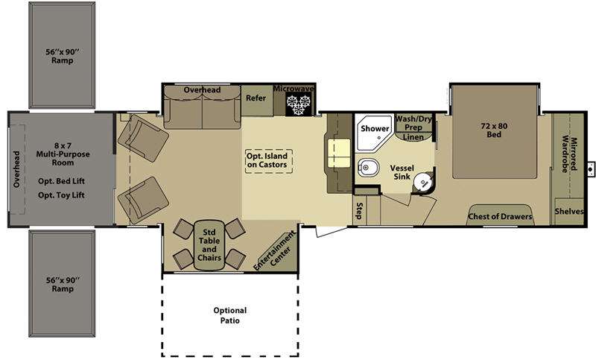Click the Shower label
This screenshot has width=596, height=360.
point(375,128)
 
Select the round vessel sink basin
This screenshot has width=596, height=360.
point(422,183)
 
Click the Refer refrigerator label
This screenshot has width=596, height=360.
point(256,98)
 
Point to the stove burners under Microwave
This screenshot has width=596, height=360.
point(299,104)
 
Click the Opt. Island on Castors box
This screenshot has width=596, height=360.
point(269,161)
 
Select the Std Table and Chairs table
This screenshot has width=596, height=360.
point(209,245)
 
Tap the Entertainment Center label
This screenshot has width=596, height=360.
point(275,251)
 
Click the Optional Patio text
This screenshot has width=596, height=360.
point(230,315)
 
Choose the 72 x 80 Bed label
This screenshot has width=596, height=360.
point(494,130)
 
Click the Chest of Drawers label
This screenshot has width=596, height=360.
point(500,216)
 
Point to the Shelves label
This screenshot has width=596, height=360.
point(569,212)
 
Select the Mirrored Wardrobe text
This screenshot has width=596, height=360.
point(569,154)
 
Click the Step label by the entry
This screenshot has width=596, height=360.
point(359,211)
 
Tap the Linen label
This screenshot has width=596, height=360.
point(413,137)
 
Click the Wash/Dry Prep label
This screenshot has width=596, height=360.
point(413,123)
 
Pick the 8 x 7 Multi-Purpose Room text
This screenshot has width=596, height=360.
point(63,154)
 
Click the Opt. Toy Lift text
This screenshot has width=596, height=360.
point(61,195)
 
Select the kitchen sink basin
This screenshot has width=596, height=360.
point(340,154)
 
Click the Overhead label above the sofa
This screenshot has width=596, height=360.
point(202,89)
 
